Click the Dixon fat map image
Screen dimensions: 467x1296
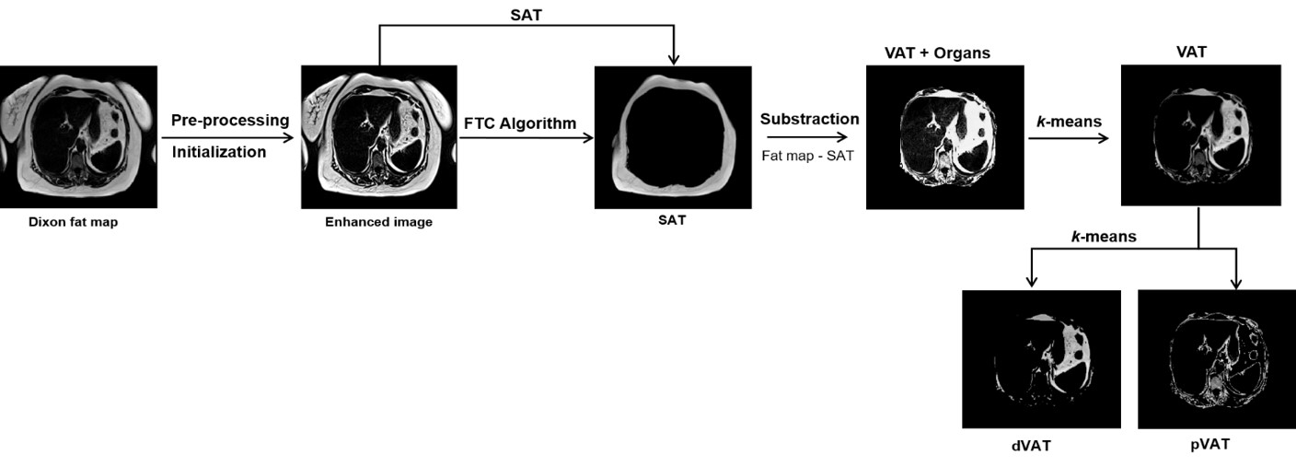click(78, 136)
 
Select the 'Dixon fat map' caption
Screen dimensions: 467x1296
click(74, 221)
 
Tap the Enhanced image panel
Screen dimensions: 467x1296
click(379, 136)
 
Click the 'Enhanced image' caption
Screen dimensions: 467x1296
click(378, 222)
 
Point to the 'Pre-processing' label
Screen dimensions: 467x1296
click(230, 121)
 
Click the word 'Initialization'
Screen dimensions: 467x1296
click(219, 152)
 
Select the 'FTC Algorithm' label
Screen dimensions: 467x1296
click(520, 123)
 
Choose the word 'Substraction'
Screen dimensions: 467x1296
click(809, 120)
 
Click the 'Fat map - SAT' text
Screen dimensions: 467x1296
click(807, 155)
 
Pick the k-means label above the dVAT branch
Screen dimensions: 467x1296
click(1104, 237)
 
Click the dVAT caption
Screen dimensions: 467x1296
click(1030, 447)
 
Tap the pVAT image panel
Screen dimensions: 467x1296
click(1208, 359)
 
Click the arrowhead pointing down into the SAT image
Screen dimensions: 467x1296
click(674, 58)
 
